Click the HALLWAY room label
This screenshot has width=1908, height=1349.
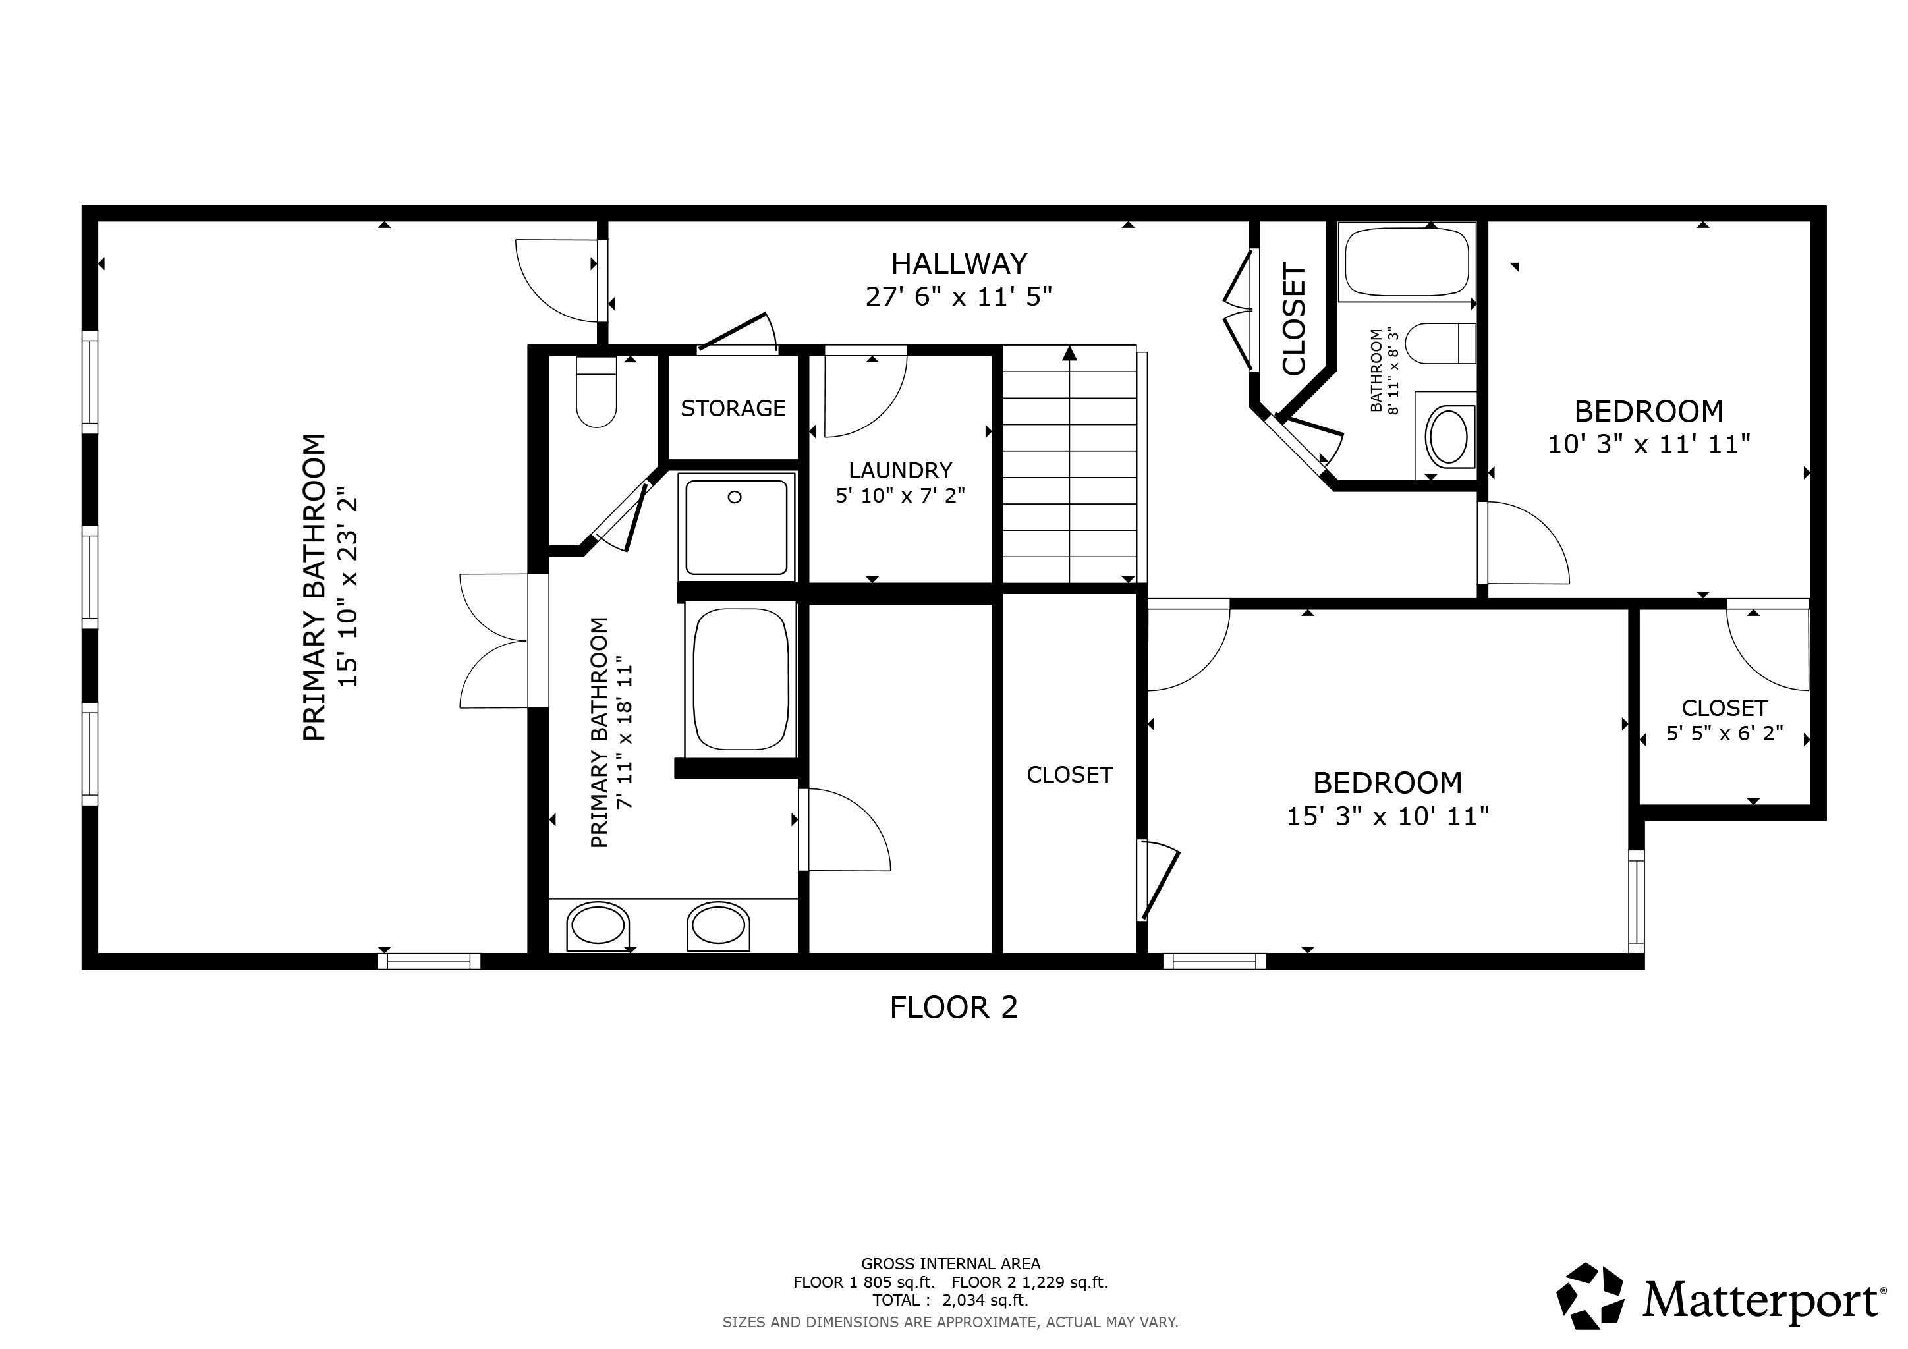pos(959,264)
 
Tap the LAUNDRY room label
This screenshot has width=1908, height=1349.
pos(900,470)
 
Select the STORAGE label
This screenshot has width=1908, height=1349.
pos(733,408)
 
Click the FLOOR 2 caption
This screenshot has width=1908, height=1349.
pos(953,1008)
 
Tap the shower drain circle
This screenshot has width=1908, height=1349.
pos(734,497)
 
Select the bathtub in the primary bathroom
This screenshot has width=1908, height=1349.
pos(741,678)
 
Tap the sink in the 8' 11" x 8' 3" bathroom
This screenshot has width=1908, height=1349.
pos(1448,436)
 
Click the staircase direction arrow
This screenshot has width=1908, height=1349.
pos(1069,354)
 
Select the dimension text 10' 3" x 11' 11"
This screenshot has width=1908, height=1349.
pos(1648,445)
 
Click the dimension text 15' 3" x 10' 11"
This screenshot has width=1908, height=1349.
pos(1387,817)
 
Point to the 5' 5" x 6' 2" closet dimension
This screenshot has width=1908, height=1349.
pos(1724,734)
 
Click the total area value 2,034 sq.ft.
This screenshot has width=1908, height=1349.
pos(985,1300)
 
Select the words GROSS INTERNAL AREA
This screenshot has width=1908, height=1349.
pos(950,1263)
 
